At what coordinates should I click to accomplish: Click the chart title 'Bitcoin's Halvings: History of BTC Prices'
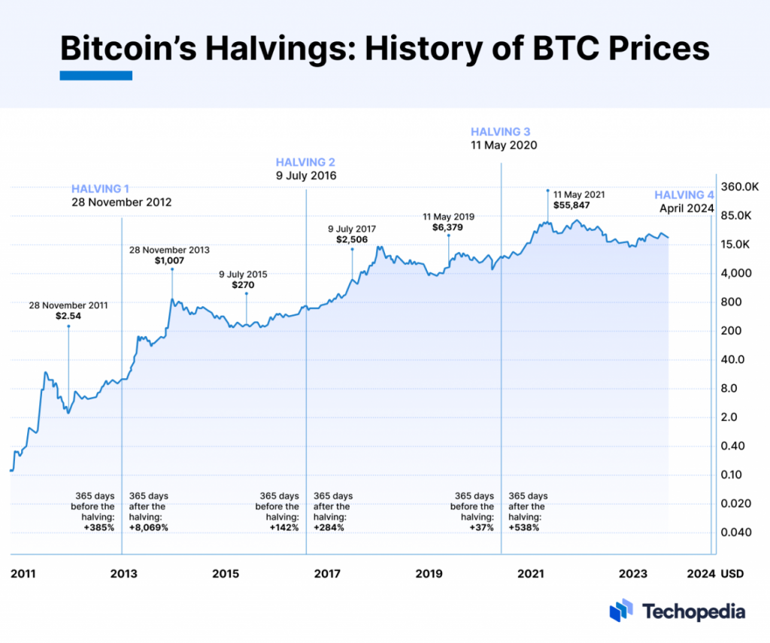(x=384, y=49)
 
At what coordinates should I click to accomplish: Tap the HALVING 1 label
(x=101, y=189)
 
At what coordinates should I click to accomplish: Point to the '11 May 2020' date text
(x=504, y=145)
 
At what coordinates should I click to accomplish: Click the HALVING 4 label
(x=684, y=195)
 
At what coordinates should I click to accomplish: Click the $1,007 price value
(x=169, y=260)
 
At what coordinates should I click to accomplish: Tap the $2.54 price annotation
(x=68, y=317)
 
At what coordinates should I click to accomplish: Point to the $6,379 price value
(x=447, y=227)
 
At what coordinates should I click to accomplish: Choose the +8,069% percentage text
(x=149, y=527)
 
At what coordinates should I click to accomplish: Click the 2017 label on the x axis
(x=327, y=574)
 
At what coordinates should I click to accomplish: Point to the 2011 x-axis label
(x=23, y=574)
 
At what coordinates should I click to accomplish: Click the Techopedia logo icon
(x=621, y=611)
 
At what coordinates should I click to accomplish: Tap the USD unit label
(x=732, y=574)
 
